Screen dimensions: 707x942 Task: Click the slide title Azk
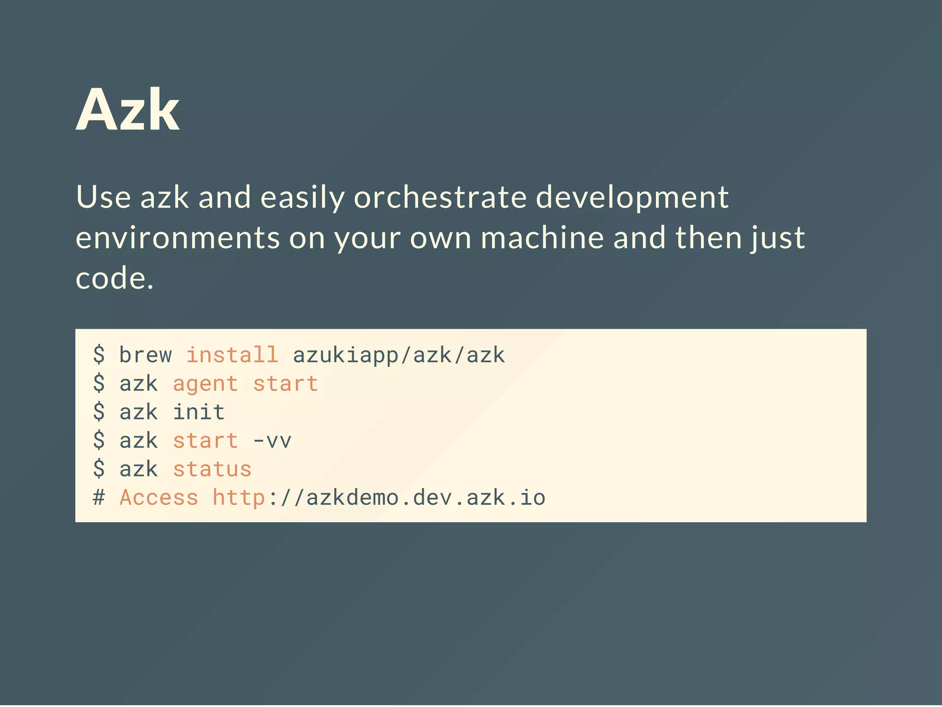pyautogui.click(x=127, y=110)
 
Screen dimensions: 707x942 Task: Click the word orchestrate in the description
pyautogui.click(x=440, y=197)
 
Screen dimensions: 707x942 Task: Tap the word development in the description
pyautogui.click(x=632, y=197)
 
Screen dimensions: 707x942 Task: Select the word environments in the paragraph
pyautogui.click(x=178, y=238)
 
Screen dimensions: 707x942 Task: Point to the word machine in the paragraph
pyautogui.click(x=542, y=238)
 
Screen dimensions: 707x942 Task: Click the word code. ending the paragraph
pyautogui.click(x=114, y=279)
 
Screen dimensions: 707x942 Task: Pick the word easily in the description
pyautogui.click(x=302, y=197)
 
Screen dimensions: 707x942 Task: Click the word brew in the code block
pyautogui.click(x=145, y=355)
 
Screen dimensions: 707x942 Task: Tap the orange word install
pyautogui.click(x=232, y=355)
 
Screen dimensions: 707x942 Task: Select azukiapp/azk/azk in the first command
pyautogui.click(x=399, y=355)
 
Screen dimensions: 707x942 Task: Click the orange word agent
pyautogui.click(x=206, y=384)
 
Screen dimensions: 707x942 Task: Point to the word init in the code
pyautogui.click(x=199, y=412)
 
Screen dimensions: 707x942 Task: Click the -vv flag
pyautogui.click(x=272, y=441)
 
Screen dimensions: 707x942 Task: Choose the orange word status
pyautogui.click(x=213, y=469)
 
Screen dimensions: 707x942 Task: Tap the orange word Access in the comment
pyautogui.click(x=159, y=498)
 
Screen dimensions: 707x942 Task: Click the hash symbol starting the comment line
pyautogui.click(x=99, y=498)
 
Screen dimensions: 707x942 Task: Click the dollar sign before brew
pyautogui.click(x=99, y=355)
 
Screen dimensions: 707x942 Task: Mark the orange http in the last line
pyautogui.click(x=239, y=498)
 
